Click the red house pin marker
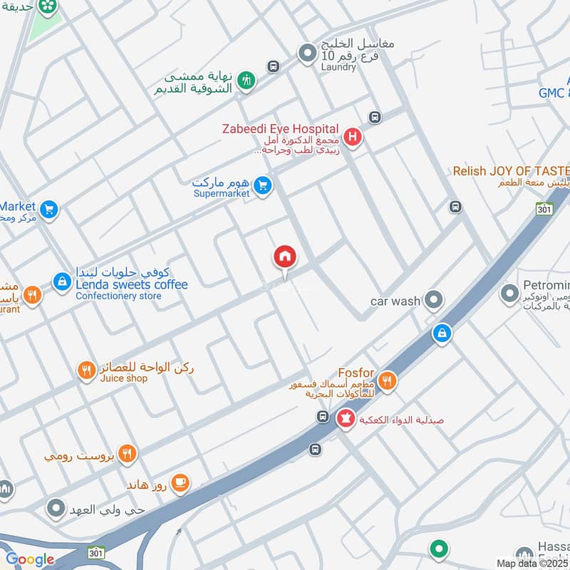tap(285, 257)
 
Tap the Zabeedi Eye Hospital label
tap(279, 129)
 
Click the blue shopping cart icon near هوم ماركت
tap(263, 187)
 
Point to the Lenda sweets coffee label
tap(132, 285)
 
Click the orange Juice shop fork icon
tap(86, 370)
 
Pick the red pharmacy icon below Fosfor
tap(346, 419)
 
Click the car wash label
tap(395, 301)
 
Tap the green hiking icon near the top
tap(247, 81)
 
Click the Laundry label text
tap(338, 67)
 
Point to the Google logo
tap(29, 559)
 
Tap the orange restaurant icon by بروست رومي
tap(127, 453)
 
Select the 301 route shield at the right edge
tap(545, 207)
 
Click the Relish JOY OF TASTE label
tap(512, 171)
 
